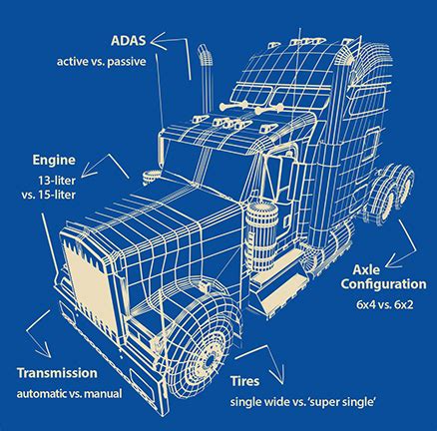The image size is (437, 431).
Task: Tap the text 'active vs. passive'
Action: [x=112, y=61]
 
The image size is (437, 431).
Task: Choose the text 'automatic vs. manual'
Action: [x=69, y=393]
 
